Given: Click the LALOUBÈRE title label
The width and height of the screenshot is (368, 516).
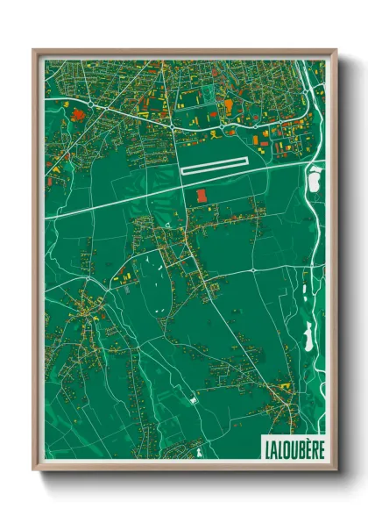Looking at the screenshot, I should tap(293, 447).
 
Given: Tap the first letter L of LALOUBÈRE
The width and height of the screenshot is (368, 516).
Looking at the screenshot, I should tap(266, 447).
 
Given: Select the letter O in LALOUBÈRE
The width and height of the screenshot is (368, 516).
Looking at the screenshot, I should tap(286, 447).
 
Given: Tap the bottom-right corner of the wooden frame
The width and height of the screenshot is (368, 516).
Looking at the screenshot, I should tap(336, 471).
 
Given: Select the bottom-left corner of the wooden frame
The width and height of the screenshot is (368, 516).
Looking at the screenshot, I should tap(34, 471).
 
